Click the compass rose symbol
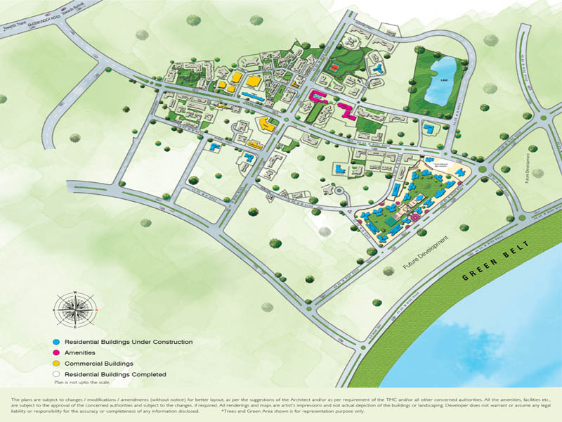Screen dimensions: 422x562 (74, 309)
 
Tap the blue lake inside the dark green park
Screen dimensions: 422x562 (444, 81)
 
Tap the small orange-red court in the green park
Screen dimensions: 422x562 (335, 67)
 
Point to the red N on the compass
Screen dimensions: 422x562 (96, 309)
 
